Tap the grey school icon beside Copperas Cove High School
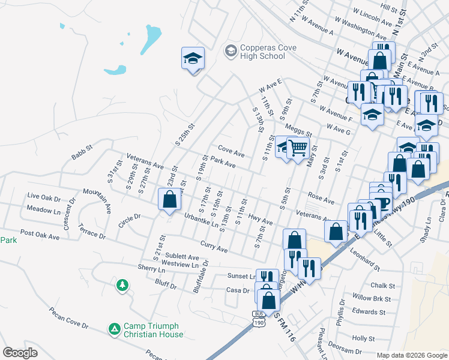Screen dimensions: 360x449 pos(230,51)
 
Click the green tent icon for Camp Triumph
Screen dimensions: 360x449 pos(114,328)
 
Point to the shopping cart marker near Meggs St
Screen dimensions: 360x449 pos(298,148)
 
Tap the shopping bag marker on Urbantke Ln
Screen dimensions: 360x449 pos(170,199)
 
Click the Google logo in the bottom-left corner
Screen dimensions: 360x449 pos(20,353)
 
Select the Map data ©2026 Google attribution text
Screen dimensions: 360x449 pos(411,355)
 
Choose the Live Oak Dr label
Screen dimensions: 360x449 pos(44,197)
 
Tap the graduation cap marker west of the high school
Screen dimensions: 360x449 pos(193,58)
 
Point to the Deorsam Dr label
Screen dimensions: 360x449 pos(345,352)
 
